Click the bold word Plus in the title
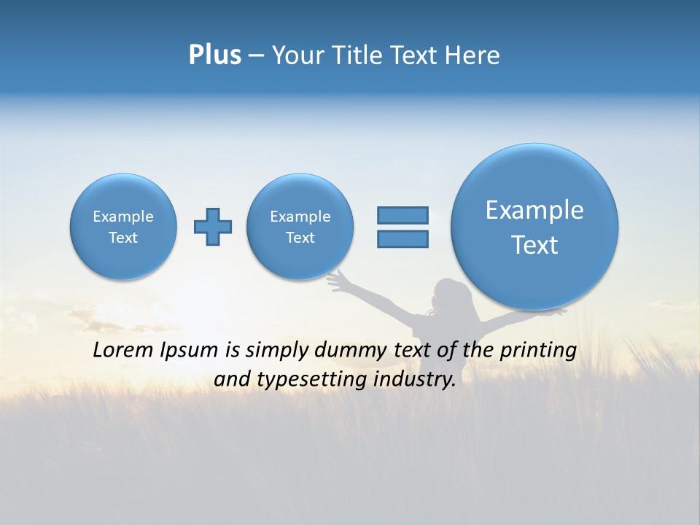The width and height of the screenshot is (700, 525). point(214,55)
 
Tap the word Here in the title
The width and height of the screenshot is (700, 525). point(472,55)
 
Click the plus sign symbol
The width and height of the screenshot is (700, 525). point(213,227)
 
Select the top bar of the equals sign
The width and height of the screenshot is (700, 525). point(402,215)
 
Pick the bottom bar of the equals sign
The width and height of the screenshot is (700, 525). point(402,239)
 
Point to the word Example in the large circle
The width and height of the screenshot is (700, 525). point(534,210)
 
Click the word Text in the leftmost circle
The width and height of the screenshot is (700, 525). point(123,238)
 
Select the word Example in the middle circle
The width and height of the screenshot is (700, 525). point(300,217)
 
